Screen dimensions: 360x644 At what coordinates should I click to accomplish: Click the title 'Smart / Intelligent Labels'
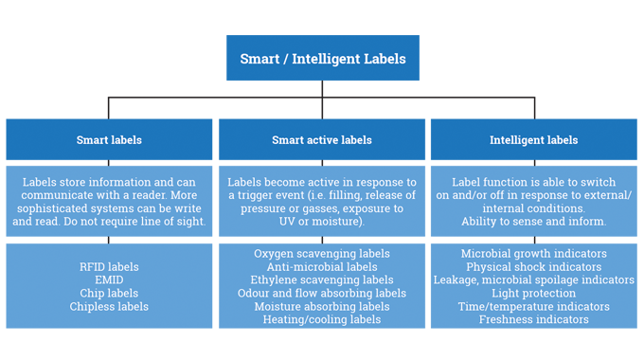pyautogui.click(x=322, y=59)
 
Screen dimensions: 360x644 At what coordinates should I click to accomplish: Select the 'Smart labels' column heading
pyautogui.click(x=109, y=140)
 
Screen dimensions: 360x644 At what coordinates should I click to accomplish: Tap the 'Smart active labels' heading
pyautogui.click(x=322, y=140)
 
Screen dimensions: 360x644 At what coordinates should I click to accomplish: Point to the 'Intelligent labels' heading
pyautogui.click(x=533, y=140)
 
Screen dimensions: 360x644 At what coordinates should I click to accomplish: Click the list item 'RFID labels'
pyautogui.click(x=109, y=266)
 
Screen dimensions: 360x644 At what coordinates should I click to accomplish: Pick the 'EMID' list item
pyautogui.click(x=109, y=279)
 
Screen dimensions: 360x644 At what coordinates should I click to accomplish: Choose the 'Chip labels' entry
pyautogui.click(x=109, y=293)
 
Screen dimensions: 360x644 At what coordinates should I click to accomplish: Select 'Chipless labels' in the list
pyautogui.click(x=109, y=306)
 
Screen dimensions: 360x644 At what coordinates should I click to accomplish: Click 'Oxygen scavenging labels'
pyautogui.click(x=322, y=254)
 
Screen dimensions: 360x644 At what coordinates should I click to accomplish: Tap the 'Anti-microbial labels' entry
pyautogui.click(x=322, y=267)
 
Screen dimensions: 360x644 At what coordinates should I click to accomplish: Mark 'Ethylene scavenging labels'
pyautogui.click(x=322, y=280)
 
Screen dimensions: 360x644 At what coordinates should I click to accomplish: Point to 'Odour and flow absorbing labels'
pyautogui.click(x=322, y=294)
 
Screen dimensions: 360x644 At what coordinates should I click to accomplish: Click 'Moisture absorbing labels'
pyautogui.click(x=322, y=307)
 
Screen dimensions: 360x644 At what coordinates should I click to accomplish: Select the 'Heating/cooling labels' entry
pyautogui.click(x=322, y=320)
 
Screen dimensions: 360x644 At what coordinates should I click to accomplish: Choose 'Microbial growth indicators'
pyautogui.click(x=534, y=254)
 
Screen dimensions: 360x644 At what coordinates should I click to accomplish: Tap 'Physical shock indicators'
pyautogui.click(x=534, y=267)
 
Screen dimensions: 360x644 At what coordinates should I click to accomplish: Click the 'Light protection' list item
pyautogui.click(x=534, y=294)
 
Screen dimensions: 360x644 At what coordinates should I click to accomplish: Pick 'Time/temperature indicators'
pyautogui.click(x=534, y=307)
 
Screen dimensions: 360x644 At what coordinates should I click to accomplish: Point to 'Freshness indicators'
pyautogui.click(x=534, y=320)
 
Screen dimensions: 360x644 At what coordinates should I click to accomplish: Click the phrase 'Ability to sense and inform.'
pyautogui.click(x=534, y=221)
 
